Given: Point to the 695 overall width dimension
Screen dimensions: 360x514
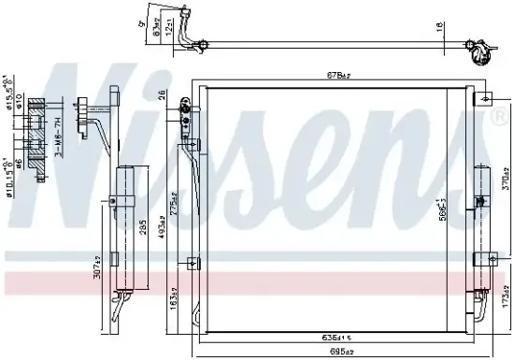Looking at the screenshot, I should (340, 352).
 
